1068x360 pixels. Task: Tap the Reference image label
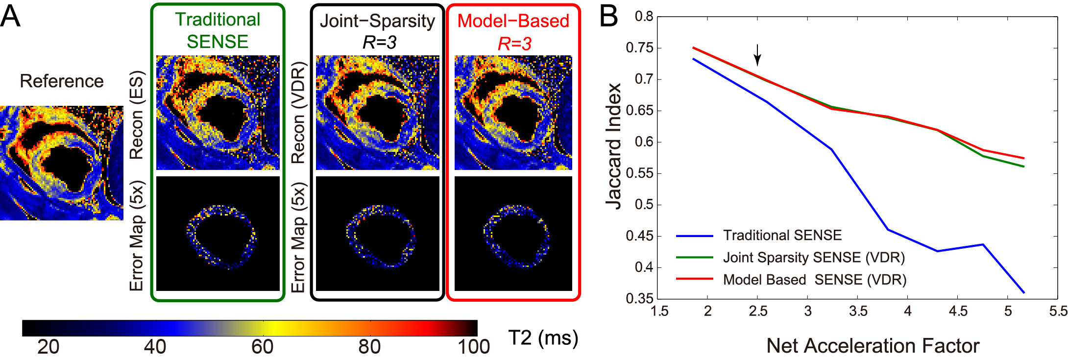click(x=62, y=81)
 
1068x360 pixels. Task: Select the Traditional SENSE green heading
click(x=218, y=30)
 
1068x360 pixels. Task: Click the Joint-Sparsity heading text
click(x=377, y=21)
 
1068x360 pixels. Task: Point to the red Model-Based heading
click(x=513, y=21)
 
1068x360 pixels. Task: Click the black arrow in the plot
click(x=757, y=55)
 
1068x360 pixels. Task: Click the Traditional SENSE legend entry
click(x=782, y=236)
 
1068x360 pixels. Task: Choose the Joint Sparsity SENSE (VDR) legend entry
click(x=813, y=258)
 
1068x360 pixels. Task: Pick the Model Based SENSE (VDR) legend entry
click(x=814, y=280)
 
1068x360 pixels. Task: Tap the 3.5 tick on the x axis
click(x=858, y=311)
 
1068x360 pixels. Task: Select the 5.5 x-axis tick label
click(x=1058, y=311)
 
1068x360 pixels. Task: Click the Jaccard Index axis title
click(x=613, y=146)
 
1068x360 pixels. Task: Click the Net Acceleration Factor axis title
click(x=873, y=346)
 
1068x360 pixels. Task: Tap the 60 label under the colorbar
click(x=262, y=347)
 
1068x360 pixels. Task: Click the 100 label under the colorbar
click(x=473, y=347)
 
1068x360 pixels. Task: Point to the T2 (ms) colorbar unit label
click(x=543, y=338)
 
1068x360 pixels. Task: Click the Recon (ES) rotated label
click(x=137, y=115)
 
